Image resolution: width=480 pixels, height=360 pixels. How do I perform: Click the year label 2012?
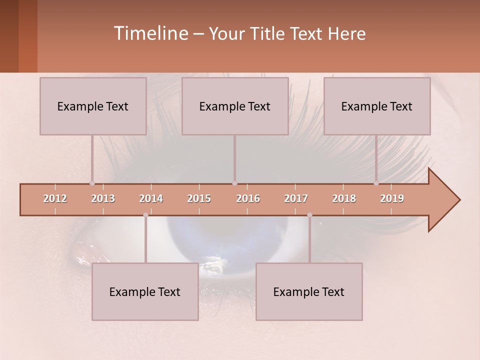(x=55, y=198)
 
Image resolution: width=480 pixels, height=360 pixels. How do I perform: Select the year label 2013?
(x=103, y=198)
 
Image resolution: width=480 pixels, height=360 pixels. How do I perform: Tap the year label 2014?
(x=151, y=198)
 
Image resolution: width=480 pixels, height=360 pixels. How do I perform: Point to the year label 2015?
(x=199, y=198)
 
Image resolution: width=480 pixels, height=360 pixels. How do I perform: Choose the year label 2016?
(x=248, y=198)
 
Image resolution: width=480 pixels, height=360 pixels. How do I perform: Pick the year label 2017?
(x=296, y=198)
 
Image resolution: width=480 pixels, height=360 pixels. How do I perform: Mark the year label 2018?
(x=344, y=198)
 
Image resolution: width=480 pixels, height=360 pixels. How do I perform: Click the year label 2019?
(x=392, y=198)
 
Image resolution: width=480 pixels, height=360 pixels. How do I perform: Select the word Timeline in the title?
(x=150, y=33)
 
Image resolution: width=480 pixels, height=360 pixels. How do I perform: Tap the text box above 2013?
(x=93, y=106)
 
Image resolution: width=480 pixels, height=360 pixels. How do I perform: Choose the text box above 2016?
(x=235, y=106)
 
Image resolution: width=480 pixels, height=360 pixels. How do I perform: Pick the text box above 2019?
(x=377, y=106)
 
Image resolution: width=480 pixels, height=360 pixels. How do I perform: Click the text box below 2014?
(x=145, y=291)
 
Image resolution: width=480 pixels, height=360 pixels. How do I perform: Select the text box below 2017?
(x=309, y=291)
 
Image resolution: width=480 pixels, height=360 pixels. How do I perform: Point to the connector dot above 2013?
(x=92, y=183)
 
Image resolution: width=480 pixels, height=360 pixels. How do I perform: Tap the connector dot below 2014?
(x=145, y=215)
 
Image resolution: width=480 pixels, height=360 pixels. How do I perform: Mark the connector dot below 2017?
(x=309, y=215)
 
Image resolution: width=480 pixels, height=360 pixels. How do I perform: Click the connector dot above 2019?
(x=376, y=183)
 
